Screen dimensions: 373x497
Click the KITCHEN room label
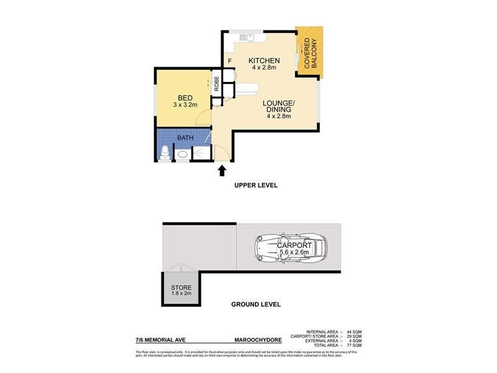pos(264,60)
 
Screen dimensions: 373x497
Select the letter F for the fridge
pos(230,60)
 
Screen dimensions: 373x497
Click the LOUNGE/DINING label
pos(274,106)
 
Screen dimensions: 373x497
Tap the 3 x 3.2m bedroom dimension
pos(185,105)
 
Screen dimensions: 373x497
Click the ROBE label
pos(217,83)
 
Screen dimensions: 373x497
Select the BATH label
pos(185,137)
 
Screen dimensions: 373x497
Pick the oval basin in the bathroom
pos(183,155)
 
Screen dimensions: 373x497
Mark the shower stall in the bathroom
pos(201,153)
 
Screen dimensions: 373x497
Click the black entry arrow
pos(222,170)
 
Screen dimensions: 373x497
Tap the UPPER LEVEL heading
pos(255,186)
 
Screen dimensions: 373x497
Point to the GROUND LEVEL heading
pos(255,305)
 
